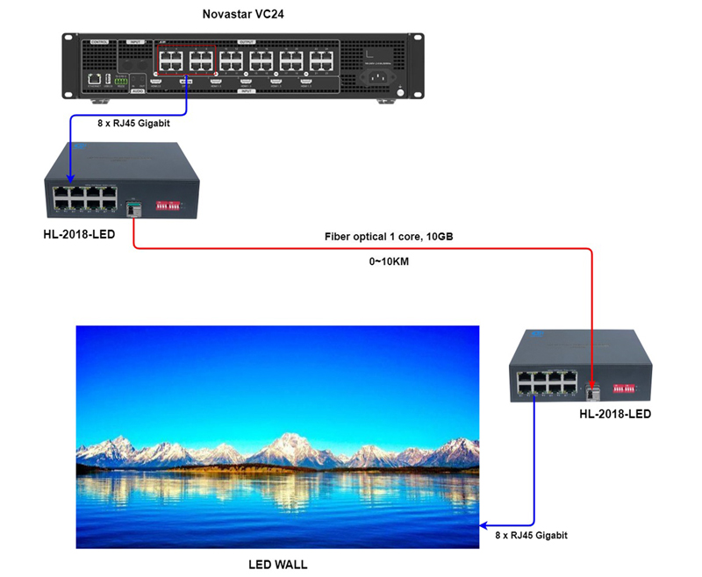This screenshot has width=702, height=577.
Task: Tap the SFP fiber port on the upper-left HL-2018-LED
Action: click(133, 209)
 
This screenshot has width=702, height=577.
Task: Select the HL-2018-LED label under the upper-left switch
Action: click(79, 235)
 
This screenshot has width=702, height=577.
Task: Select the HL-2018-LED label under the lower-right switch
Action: click(615, 413)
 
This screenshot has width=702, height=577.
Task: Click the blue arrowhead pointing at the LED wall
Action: click(485, 524)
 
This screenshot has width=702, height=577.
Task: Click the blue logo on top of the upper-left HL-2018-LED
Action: click(77, 146)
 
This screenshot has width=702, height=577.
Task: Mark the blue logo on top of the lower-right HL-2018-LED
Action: click(533, 333)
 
